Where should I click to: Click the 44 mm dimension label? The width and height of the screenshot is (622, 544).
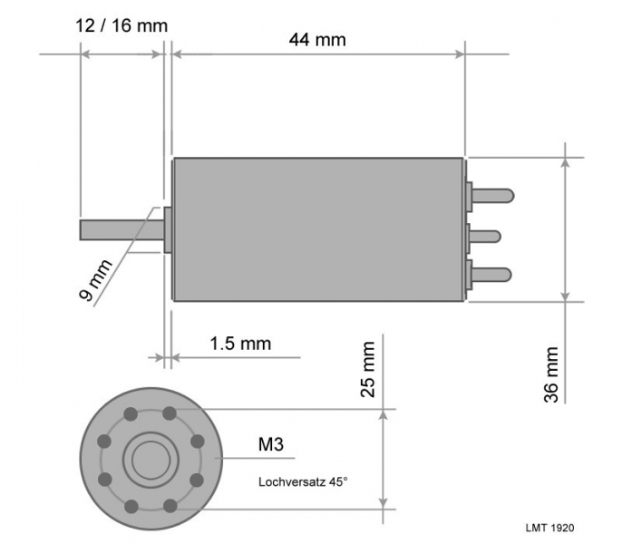pyautogui.click(x=317, y=40)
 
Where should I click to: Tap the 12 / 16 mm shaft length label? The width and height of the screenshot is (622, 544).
pyautogui.click(x=121, y=25)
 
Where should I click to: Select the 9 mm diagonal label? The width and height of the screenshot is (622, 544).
pyautogui.click(x=95, y=280)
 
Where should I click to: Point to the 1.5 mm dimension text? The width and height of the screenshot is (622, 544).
pyautogui.click(x=240, y=344)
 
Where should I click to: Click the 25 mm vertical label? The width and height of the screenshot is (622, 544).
pyautogui.click(x=368, y=369)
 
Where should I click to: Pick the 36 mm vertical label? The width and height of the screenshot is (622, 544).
pyautogui.click(x=551, y=374)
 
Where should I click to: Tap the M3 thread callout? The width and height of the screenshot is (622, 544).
pyautogui.click(x=271, y=444)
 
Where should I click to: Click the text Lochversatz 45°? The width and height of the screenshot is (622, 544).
pyautogui.click(x=303, y=482)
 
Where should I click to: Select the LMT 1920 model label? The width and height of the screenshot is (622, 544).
pyautogui.click(x=549, y=528)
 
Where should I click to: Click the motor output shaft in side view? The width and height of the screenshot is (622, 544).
pyautogui.click(x=121, y=230)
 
